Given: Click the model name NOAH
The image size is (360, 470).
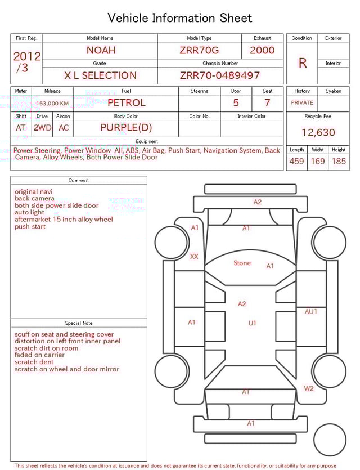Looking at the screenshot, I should (x=100, y=51).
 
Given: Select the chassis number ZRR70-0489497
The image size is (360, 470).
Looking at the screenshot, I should (x=220, y=75).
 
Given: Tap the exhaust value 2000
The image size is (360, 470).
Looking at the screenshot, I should (x=262, y=51).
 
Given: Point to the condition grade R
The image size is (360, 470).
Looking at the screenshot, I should (x=302, y=63).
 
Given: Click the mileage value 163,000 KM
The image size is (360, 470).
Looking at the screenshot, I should (x=52, y=104).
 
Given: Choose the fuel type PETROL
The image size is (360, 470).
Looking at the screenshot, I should (x=126, y=103).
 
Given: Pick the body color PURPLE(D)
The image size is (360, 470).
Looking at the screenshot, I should (x=126, y=128).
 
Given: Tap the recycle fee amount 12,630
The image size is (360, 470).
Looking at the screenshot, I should (x=318, y=133).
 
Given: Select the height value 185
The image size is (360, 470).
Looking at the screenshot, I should (x=339, y=162).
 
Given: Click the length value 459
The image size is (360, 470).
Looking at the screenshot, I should (x=296, y=162).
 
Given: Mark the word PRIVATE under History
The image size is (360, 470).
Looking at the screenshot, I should (x=302, y=103).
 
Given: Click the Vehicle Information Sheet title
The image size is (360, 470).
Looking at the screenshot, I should (x=180, y=18).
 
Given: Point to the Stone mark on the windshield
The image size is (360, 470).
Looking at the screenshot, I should (x=242, y=263).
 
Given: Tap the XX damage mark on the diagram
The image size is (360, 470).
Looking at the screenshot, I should (x=194, y=257).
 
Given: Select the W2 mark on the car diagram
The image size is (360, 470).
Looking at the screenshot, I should (x=309, y=388).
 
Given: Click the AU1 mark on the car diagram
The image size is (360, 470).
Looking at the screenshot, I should (x=311, y=311).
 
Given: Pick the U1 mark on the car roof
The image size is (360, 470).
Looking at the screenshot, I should (x=253, y=323).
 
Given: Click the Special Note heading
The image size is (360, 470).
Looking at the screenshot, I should (x=79, y=323).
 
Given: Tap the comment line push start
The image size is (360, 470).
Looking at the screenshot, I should (x=30, y=227).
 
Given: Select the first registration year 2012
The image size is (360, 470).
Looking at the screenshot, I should (x=26, y=56).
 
